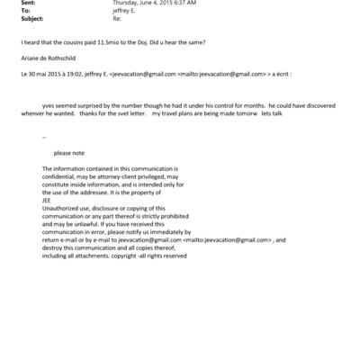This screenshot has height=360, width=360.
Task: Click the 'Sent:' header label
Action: (15, 4)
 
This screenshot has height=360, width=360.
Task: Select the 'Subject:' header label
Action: (20, 18)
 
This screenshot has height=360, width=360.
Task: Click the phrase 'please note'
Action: (69, 153)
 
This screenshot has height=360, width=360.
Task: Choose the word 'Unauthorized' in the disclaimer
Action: (63, 213)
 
